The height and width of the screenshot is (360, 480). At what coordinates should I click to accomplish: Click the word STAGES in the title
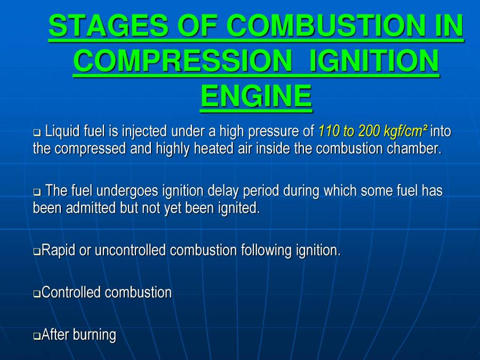pos(105,25)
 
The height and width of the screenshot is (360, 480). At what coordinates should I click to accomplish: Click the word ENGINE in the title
pos(256,97)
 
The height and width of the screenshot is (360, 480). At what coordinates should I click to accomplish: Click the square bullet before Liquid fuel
pos(37,131)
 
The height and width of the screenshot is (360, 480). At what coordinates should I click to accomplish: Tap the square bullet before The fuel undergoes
pos(37,191)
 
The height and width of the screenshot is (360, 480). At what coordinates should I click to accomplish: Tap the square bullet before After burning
pos(37,336)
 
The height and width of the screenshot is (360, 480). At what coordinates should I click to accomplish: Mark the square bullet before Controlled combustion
pos(37,293)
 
